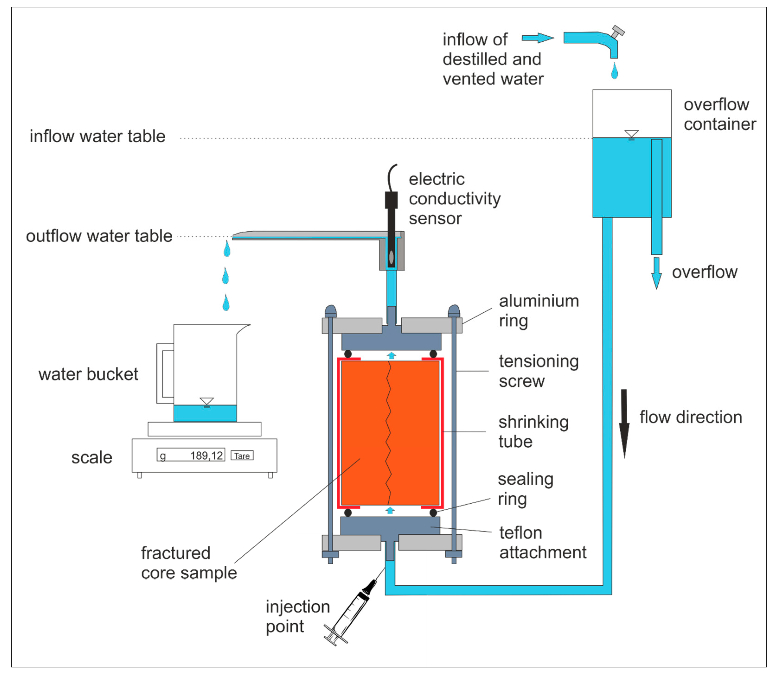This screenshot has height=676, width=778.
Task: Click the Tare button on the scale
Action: coord(242,456)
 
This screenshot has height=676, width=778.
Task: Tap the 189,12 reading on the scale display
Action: coord(206,456)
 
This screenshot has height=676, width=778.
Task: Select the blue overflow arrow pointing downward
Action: coord(656,273)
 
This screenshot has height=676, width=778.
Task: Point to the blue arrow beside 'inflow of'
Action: coord(538,38)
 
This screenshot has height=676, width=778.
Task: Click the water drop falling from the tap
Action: coord(615,71)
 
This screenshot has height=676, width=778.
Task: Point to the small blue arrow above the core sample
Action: coord(391,355)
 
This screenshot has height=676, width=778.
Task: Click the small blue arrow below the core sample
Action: coord(390,510)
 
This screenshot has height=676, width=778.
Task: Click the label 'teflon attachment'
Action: coord(542,543)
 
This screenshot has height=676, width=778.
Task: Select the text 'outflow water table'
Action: coord(99,236)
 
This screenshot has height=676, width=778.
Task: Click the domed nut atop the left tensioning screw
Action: coord(330,311)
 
